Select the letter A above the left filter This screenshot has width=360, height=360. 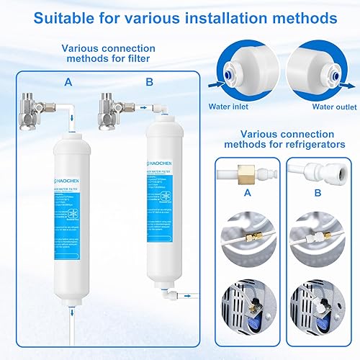[68, 83]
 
